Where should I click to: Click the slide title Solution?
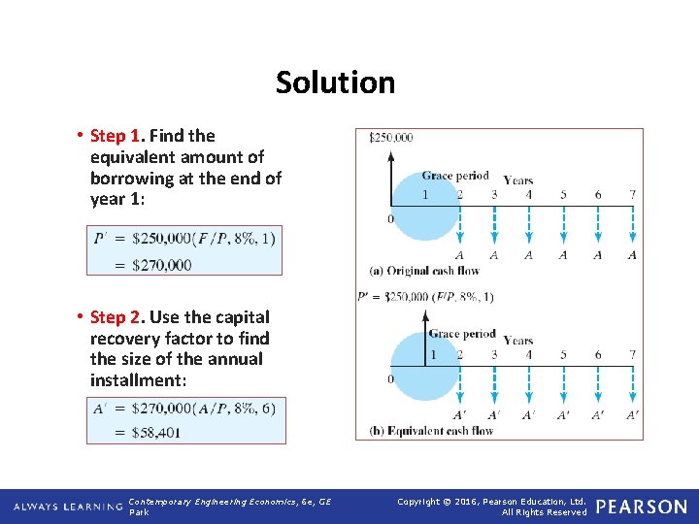(x=335, y=82)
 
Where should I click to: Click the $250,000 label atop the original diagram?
(x=390, y=138)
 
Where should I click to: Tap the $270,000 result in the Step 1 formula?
(x=163, y=264)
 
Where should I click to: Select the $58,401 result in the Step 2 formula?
(x=157, y=432)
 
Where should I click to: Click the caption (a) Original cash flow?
(x=425, y=270)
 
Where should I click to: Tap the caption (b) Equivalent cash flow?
(x=431, y=431)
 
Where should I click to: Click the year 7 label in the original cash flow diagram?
(x=632, y=194)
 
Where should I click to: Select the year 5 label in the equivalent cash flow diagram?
(x=563, y=355)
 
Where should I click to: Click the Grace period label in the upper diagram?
(x=454, y=177)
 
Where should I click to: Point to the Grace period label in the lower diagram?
(x=461, y=335)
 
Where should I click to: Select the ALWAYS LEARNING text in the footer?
(x=66, y=507)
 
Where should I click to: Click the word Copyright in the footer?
(x=421, y=501)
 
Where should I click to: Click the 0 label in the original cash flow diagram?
(x=390, y=219)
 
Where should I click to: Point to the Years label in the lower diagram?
(x=518, y=341)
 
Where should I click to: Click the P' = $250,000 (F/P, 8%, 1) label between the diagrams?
(x=425, y=297)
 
